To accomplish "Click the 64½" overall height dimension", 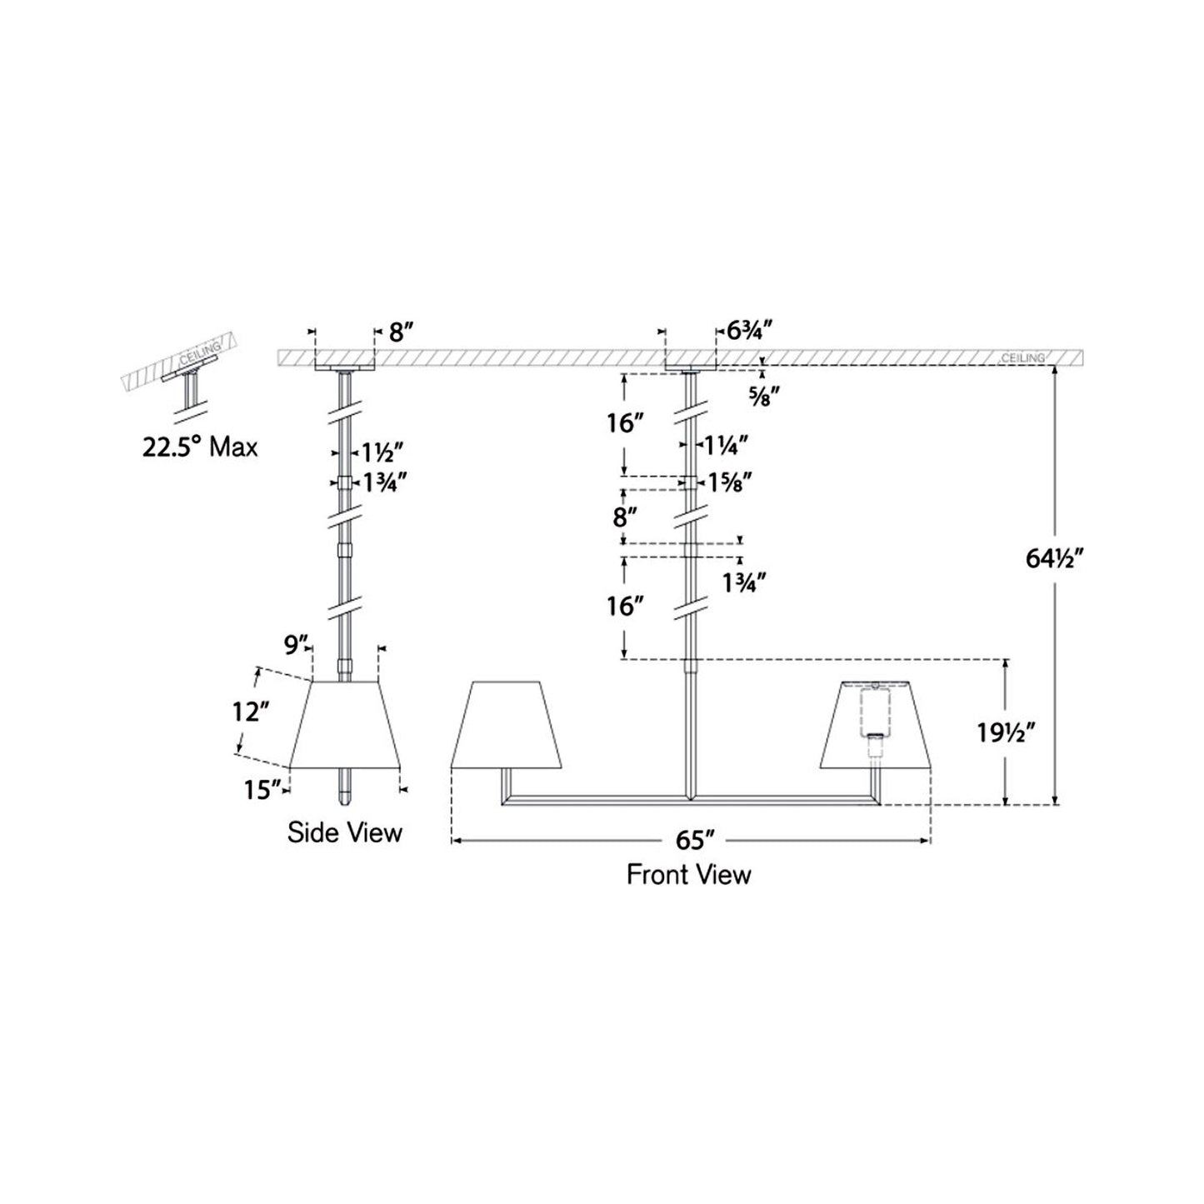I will [1053, 559].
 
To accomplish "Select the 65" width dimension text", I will [690, 840].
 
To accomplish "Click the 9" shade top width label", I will [297, 644].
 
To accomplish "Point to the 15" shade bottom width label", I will [260, 789].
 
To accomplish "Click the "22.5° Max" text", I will [200, 447].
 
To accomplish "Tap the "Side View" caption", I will [344, 832].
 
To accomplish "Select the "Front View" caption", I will [688, 874].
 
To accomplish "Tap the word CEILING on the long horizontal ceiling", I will [1022, 357].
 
